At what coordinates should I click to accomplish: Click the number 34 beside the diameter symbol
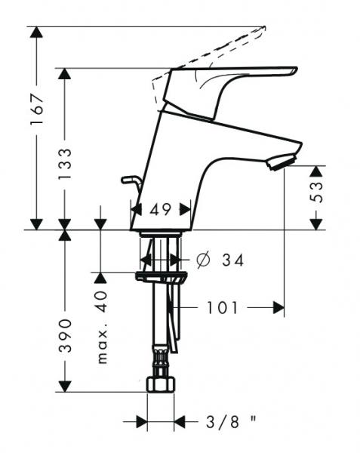(232, 260)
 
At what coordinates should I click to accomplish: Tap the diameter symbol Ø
(202, 260)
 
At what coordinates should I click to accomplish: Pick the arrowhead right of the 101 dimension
(278, 307)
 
